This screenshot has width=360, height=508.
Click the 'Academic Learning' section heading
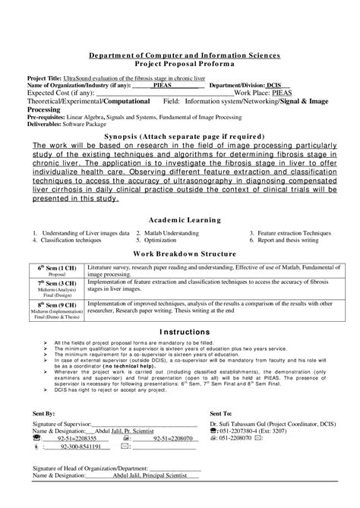click(180, 220)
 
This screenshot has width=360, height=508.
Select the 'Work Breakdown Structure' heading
click(180, 254)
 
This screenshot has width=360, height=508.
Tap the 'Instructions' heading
click(180, 332)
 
